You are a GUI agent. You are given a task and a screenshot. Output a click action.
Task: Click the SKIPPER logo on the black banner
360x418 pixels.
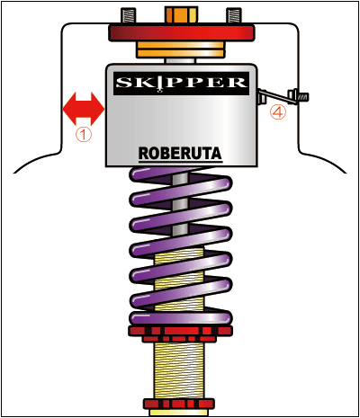[x=181, y=83]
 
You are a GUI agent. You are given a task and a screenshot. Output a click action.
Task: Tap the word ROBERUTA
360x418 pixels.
[x=180, y=154]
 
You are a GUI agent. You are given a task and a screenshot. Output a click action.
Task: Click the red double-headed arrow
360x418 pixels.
[x=84, y=109]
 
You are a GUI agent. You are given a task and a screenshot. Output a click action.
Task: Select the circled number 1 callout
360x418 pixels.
[x=84, y=135]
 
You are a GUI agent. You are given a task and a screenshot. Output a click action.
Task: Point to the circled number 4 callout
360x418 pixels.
[x=278, y=112]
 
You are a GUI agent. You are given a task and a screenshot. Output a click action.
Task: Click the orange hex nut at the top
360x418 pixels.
[x=181, y=15]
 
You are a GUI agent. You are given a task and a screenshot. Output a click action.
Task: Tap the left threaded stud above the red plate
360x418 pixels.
[x=129, y=16]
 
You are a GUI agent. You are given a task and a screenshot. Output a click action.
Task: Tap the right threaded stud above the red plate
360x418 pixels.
[x=234, y=16]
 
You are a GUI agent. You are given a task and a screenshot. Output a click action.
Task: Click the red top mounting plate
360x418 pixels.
[x=182, y=33]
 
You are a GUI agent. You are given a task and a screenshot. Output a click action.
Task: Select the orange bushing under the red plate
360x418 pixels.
[x=181, y=49]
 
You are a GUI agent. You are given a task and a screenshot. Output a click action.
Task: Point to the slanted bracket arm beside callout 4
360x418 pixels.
[x=276, y=96]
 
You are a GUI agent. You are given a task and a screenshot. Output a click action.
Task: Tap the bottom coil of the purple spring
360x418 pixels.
[x=181, y=317]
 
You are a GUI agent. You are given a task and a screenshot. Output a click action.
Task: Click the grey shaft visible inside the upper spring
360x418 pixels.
[x=180, y=204]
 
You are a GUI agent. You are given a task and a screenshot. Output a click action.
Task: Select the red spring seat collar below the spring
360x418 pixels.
[x=180, y=334]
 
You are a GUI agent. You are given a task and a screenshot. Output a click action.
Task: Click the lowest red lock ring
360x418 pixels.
[x=179, y=404]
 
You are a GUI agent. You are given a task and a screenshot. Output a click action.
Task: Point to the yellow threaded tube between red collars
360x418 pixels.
[x=179, y=370]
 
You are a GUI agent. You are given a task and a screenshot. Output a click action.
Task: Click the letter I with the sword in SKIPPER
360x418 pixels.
[x=160, y=84]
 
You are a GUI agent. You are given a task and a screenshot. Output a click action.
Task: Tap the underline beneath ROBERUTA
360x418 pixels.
[x=181, y=162]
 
